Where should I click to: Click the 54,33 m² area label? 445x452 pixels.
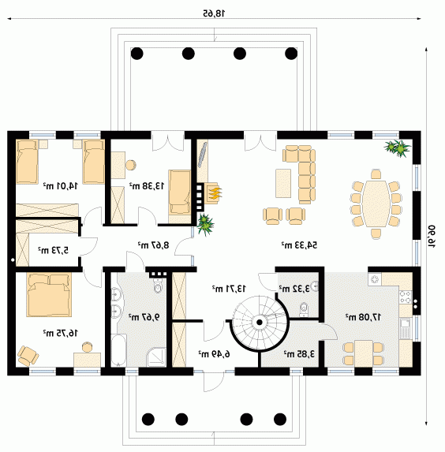coord(299,245)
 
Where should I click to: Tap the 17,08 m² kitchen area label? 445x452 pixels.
coord(363,317)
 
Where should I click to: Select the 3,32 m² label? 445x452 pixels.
coord(294,288)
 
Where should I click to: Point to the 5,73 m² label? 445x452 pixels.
coord(54,249)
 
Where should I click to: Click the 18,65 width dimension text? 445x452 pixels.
coord(214,13)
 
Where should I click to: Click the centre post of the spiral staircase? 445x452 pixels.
coord(260,323)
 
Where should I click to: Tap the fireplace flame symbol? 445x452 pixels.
coord(215,192)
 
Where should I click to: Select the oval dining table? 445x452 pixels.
coord(376,204)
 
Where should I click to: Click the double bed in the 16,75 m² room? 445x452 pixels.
coord(49,294)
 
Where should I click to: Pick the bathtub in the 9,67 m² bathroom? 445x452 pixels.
coord(118,350)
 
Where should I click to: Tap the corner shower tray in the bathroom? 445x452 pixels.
coord(156,357)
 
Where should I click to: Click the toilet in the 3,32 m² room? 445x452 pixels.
coord(304,309)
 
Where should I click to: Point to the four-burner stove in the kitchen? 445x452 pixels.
coord(406,297)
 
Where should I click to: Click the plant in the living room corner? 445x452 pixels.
coord(398,148)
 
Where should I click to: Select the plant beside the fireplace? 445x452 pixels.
coord(205,224)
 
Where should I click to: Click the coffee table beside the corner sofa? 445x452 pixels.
coord(283,183)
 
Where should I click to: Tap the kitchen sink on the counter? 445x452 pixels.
coord(405,329)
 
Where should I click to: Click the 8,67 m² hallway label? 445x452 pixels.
coord(153,245)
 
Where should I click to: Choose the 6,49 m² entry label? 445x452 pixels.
coord(214,353)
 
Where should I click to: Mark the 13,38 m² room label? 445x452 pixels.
coord(147,186)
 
